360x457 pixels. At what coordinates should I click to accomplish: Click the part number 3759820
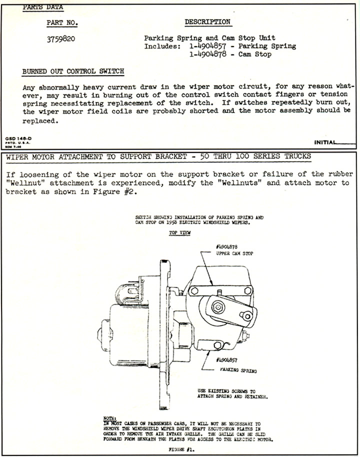pyautogui.click(x=61, y=39)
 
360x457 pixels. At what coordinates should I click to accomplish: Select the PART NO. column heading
pyautogui.click(x=62, y=23)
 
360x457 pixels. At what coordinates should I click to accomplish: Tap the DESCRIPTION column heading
pyautogui.click(x=207, y=22)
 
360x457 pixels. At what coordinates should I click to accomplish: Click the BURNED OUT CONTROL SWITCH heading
pyautogui.click(x=73, y=71)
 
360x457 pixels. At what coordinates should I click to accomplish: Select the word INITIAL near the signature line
pyautogui.click(x=325, y=142)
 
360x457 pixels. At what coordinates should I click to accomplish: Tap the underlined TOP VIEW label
pyautogui.click(x=179, y=233)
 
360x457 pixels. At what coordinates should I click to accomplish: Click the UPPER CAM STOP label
pyautogui.click(x=234, y=253)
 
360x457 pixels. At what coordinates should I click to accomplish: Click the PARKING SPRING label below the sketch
pyautogui.click(x=238, y=371)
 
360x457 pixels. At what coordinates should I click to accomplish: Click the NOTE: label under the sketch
pyautogui.click(x=108, y=417)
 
